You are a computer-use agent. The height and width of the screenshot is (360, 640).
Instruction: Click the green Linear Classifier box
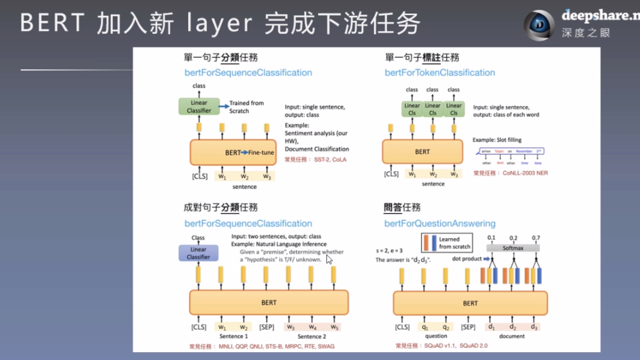(199, 106)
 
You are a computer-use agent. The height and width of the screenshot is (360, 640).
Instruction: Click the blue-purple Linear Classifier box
(198, 253)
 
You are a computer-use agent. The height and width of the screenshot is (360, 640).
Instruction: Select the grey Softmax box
(513, 248)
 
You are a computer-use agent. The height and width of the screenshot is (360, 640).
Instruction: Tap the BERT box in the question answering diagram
(470, 303)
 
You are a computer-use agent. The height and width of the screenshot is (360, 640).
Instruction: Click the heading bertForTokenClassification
(440, 73)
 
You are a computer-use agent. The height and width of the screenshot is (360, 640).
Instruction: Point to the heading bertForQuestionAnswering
(440, 223)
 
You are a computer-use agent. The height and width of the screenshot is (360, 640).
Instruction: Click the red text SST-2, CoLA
(329, 160)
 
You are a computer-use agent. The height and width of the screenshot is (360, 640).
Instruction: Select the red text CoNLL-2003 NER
(525, 173)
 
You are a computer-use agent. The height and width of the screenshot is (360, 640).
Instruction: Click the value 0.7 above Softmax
(536, 238)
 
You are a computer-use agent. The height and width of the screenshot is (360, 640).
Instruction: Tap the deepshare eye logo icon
(539, 25)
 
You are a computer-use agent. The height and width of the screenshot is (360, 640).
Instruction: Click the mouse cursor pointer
(329, 259)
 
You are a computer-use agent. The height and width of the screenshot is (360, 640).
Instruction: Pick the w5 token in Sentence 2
(335, 327)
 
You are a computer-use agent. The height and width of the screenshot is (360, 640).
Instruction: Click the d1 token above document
(491, 327)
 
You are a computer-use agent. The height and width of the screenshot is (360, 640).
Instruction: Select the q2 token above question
(446, 327)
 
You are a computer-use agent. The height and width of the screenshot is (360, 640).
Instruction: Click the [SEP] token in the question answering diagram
(468, 327)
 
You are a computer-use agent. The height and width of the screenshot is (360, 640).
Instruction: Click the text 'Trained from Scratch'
(247, 107)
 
